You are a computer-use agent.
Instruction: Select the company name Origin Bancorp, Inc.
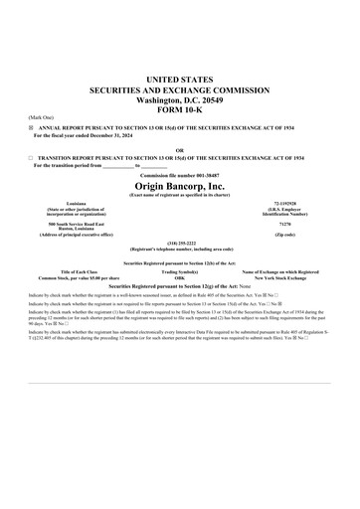pyautogui.click(x=180, y=185)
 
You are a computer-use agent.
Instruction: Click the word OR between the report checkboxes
pyautogui.click(x=180, y=152)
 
